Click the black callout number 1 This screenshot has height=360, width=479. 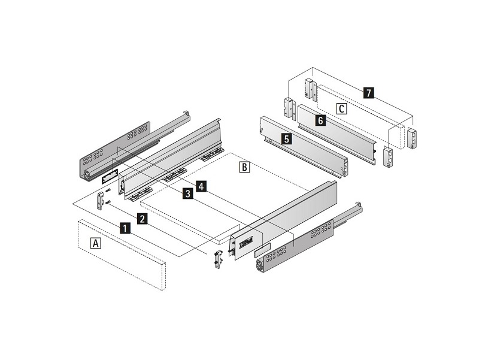(125, 228)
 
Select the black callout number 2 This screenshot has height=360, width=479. (142, 219)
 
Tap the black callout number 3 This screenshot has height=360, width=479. (187, 193)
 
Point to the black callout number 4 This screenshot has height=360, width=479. (201, 186)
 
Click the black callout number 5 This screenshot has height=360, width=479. (286, 139)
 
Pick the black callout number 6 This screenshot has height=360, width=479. (320, 120)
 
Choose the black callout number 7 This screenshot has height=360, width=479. (369, 92)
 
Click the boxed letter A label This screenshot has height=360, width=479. (96, 244)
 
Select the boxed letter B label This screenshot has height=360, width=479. (245, 168)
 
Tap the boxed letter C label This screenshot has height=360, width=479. (341, 108)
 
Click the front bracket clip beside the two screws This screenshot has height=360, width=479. (100, 201)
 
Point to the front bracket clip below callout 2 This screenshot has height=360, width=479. (218, 259)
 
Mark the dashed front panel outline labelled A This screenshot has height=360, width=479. (122, 254)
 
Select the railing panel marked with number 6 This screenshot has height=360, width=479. (336, 134)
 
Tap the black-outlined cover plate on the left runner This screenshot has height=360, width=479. (110, 176)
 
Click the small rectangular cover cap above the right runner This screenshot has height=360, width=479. (262, 249)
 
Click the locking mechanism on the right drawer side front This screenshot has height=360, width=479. (246, 243)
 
